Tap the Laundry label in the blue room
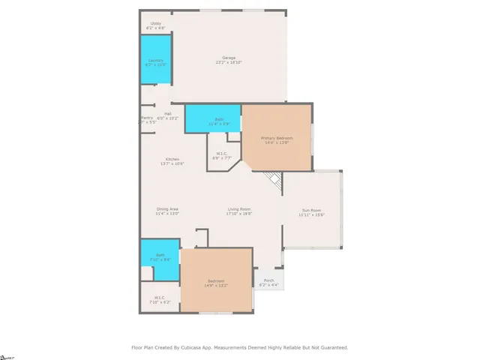point(155,61)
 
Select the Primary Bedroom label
point(276,140)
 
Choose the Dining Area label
point(167,211)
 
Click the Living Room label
point(239,211)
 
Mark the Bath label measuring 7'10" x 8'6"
point(160,256)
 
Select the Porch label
point(268,283)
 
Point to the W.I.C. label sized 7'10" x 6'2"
point(160,299)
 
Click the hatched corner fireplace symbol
point(274,179)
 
